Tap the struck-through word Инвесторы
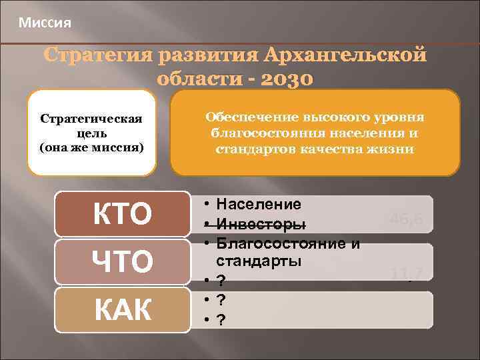pos(262,223)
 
